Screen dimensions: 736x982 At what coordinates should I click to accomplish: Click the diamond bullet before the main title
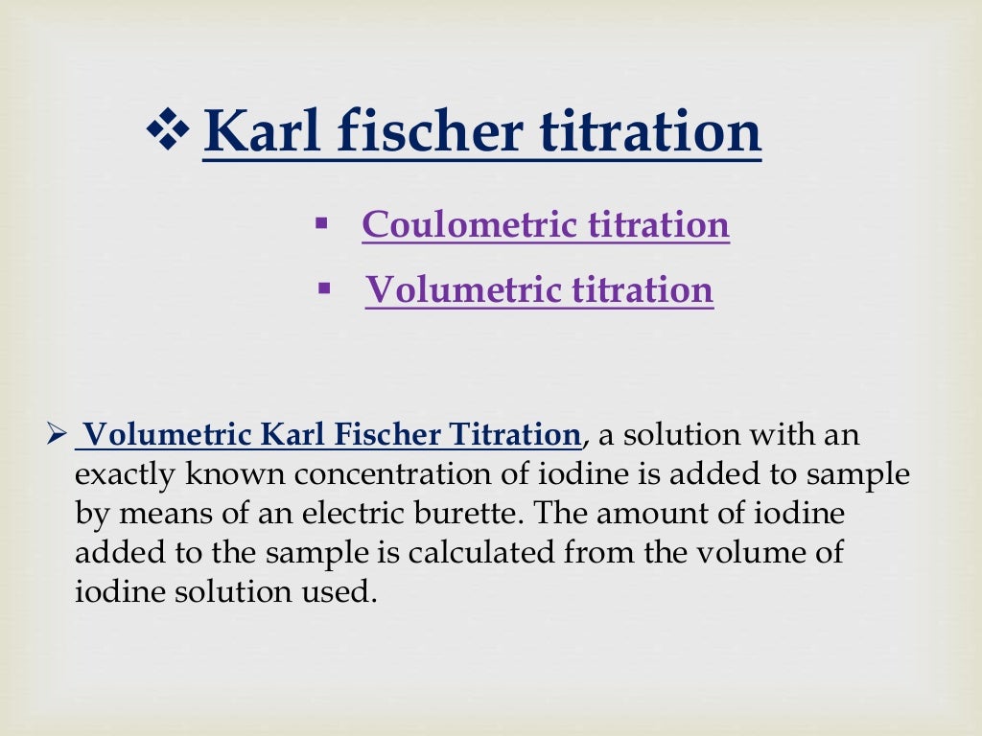pyautogui.click(x=170, y=131)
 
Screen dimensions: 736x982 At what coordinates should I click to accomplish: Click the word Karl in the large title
pyautogui.click(x=257, y=131)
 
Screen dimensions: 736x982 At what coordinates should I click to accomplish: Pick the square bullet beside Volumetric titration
pyautogui.click(x=323, y=287)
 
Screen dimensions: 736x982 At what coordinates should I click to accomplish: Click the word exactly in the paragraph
pyautogui.click(x=123, y=474)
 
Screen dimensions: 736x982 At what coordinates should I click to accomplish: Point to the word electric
pyautogui.click(x=360, y=514)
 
